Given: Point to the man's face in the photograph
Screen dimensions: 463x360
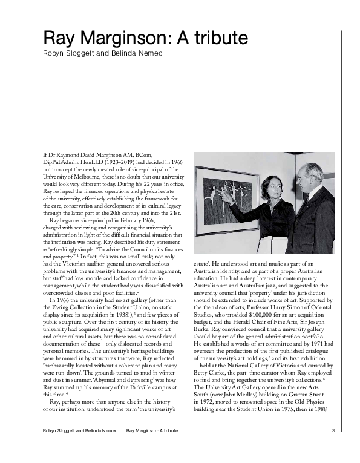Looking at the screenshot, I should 312,179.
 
